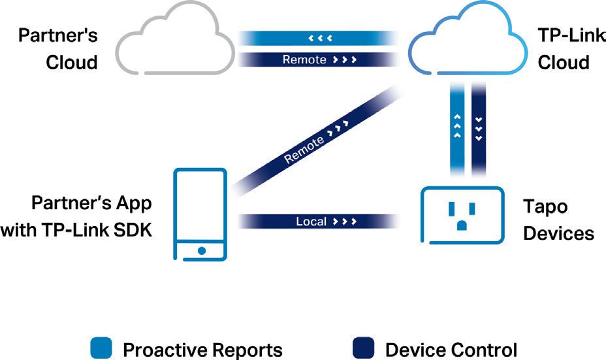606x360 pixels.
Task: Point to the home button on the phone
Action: [x=202, y=250]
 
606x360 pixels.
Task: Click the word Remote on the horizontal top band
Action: [x=304, y=59]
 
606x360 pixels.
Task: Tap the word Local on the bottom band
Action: [x=311, y=222]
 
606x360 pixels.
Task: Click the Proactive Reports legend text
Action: [x=202, y=350]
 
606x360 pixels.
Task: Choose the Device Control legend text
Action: [x=451, y=350]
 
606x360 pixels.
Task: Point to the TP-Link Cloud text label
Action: [x=564, y=48]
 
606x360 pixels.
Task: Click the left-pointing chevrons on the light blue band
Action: [x=321, y=38]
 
